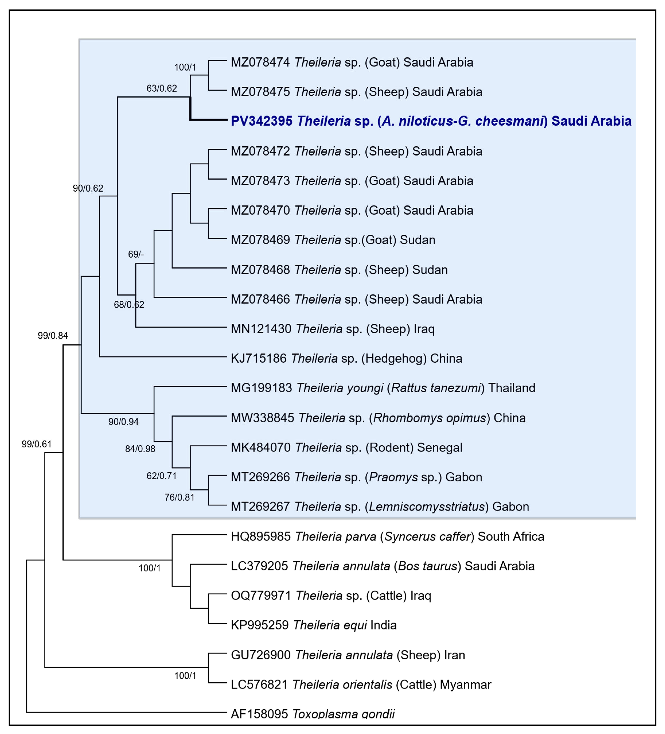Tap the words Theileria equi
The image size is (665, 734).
[x=330, y=625]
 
